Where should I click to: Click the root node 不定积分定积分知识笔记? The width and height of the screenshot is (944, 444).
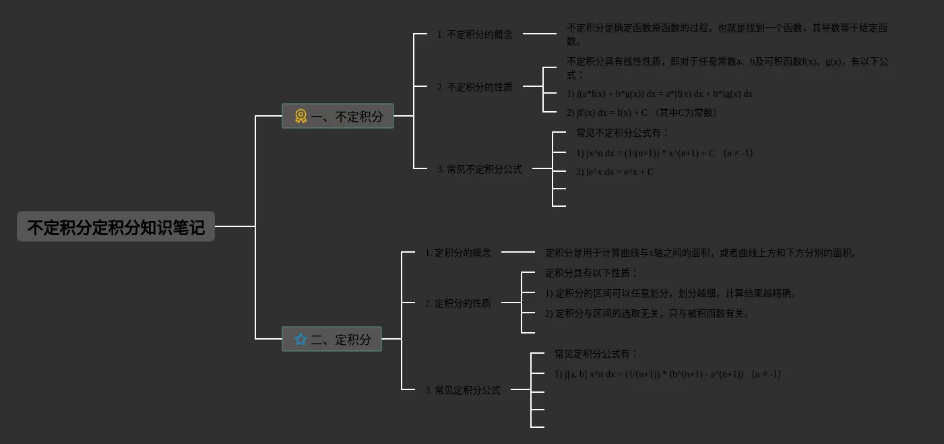pyautogui.click(x=115, y=227)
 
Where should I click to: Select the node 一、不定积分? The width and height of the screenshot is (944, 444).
pyautogui.click(x=338, y=116)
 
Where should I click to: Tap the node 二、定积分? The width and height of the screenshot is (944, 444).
pyautogui.click(x=332, y=339)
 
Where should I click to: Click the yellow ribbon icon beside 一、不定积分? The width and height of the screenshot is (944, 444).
pyautogui.click(x=301, y=116)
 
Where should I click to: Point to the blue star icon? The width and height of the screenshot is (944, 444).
pyautogui.click(x=301, y=339)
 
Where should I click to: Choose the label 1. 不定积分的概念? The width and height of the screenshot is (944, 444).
pyautogui.click(x=474, y=34)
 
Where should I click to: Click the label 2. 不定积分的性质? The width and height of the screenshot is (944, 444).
pyautogui.click(x=474, y=87)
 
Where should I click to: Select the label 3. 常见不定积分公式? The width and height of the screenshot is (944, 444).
pyautogui.click(x=479, y=169)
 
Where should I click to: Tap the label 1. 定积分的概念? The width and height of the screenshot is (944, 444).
pyautogui.click(x=458, y=253)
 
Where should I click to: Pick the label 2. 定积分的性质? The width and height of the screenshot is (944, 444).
pyautogui.click(x=458, y=303)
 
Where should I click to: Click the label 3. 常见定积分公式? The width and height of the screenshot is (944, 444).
pyautogui.click(x=462, y=390)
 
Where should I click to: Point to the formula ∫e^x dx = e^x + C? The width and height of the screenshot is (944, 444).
pyautogui.click(x=615, y=172)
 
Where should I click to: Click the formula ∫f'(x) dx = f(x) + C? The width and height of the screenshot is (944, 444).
pyautogui.click(x=641, y=113)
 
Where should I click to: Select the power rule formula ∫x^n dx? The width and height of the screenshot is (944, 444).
pyautogui.click(x=664, y=153)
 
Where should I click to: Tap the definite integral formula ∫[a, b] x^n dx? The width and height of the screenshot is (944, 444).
pyautogui.click(x=668, y=374)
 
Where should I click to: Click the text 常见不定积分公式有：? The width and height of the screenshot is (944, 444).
pyautogui.click(x=622, y=133)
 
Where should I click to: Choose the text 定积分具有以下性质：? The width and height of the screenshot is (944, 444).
pyautogui.click(x=591, y=273)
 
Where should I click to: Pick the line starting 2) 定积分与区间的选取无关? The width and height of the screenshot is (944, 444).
pyautogui.click(x=648, y=313)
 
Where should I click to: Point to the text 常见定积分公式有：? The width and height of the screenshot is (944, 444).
pyautogui.click(x=596, y=354)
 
